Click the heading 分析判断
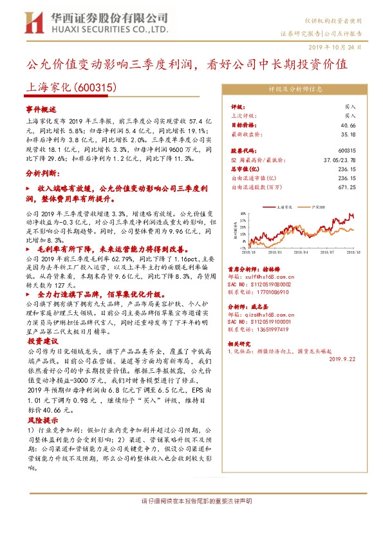[x=42, y=174]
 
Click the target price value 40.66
[x=348, y=125]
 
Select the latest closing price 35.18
[x=348, y=135]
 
